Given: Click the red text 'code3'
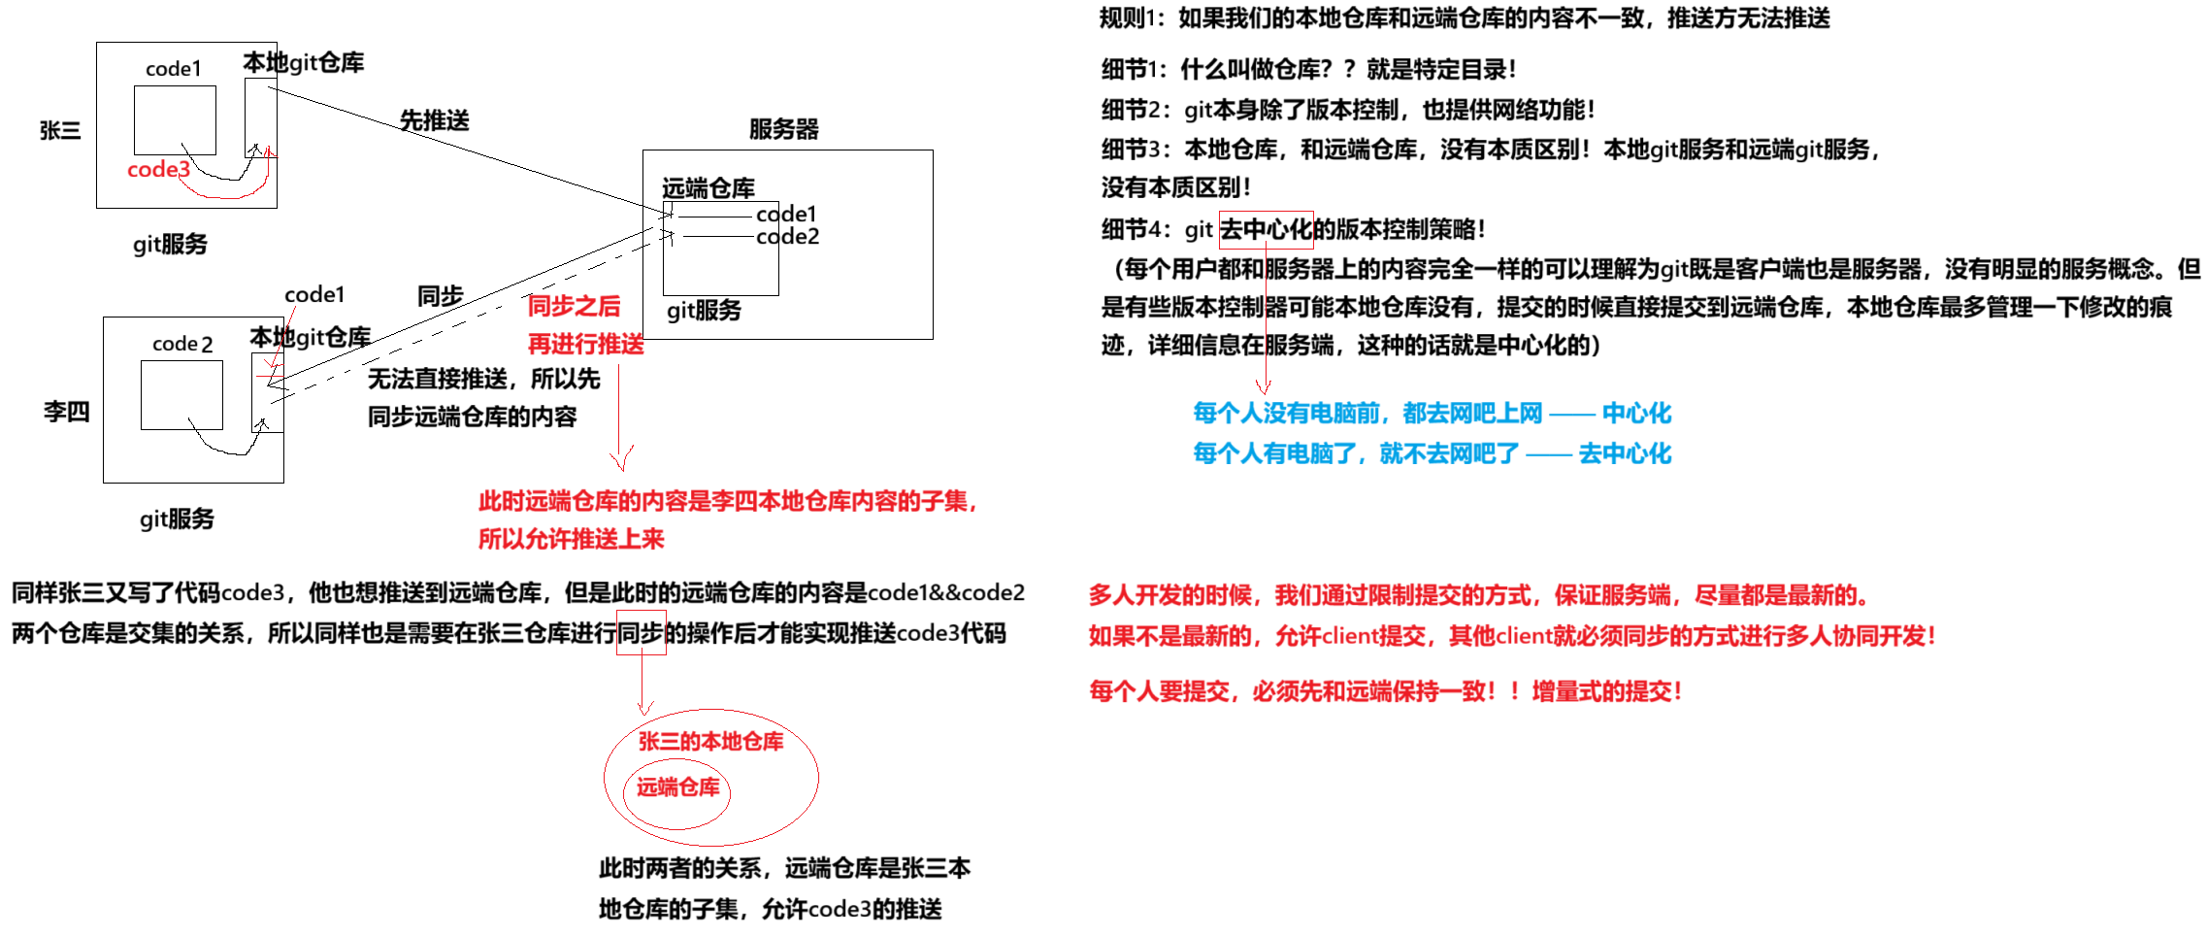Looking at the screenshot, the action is tap(158, 170).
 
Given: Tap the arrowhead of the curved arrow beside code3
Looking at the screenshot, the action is tap(271, 151).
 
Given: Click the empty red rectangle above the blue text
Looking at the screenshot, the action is tap(1266, 230).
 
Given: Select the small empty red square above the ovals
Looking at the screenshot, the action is tap(642, 632).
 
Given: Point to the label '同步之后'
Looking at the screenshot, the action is tap(574, 307).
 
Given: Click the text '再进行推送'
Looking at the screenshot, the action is tap(585, 344).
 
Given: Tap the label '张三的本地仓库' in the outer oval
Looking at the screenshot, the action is tap(711, 742).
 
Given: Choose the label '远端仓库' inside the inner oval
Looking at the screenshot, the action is tap(678, 787).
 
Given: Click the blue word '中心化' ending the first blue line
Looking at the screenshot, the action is tap(1636, 414).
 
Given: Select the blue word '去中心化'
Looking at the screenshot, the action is tap(1625, 453).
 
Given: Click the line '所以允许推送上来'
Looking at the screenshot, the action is tap(571, 539).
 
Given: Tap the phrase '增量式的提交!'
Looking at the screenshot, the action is tap(1606, 691).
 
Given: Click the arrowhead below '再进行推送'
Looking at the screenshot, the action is tap(621, 462).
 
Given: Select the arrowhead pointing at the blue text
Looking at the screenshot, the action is tap(1264, 386).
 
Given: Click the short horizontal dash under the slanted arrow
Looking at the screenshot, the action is tap(271, 375).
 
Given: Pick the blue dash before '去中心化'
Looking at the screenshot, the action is tap(1548, 453).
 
